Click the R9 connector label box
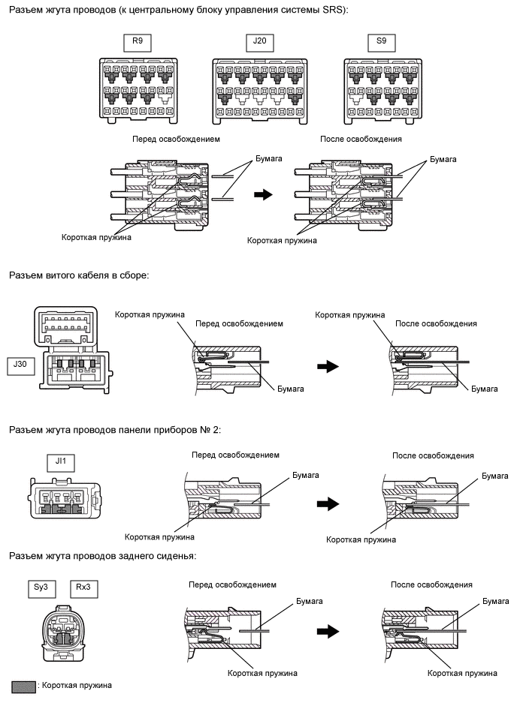[x=137, y=42]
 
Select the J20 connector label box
[x=259, y=42]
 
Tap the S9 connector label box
[x=382, y=42]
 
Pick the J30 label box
[x=20, y=366]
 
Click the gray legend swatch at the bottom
[x=24, y=686]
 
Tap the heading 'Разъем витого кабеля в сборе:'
[x=79, y=275]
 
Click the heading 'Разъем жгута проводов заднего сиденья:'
[x=102, y=556]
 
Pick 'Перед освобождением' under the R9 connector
[x=177, y=140]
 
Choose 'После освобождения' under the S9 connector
[x=361, y=140]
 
